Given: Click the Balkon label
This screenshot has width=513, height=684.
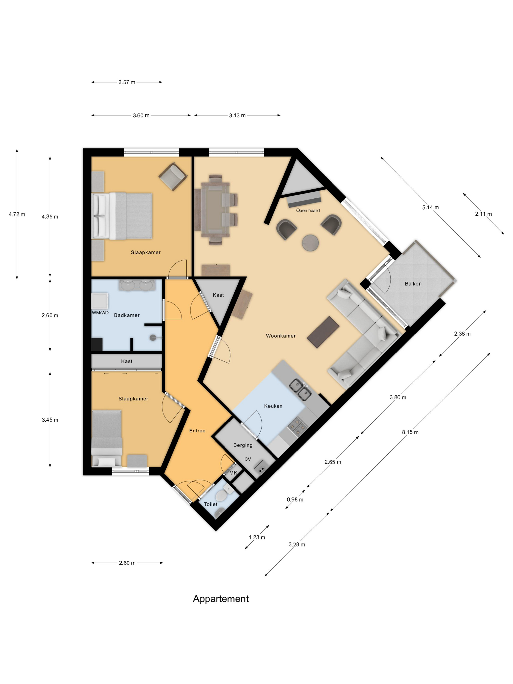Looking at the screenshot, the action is tap(413, 284).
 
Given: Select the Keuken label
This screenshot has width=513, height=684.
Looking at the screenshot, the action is tap(273, 406).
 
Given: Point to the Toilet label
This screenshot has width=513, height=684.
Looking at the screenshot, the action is tap(210, 504).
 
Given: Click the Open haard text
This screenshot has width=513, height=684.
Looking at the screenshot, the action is tap(308, 210).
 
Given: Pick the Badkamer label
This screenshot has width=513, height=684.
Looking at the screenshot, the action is tap(127, 315).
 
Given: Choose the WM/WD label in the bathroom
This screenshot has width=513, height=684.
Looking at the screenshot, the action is tap(100, 313).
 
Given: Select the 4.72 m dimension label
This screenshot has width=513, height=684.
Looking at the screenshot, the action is tap(17, 214).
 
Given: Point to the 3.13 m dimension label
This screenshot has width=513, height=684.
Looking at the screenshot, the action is tap(237, 115).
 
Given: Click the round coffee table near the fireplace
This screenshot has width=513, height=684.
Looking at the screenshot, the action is tap(310, 242).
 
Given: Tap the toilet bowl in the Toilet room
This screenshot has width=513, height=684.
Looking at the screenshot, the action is tap(221, 495).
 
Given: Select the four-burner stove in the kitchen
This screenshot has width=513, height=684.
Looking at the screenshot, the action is tap(297, 427).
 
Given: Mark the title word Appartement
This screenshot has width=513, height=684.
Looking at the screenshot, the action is tap(221, 599).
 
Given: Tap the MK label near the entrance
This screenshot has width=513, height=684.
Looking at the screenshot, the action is tap(233, 473).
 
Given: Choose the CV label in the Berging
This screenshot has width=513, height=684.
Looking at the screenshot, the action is tap(247, 459).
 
